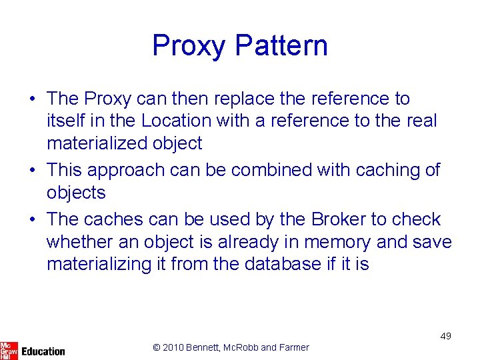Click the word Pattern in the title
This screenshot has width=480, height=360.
point(281,46)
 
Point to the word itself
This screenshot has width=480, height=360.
point(65,121)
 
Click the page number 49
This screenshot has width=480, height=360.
point(445,336)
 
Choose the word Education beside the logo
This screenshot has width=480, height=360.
point(43,351)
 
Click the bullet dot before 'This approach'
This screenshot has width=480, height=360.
point(33,171)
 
